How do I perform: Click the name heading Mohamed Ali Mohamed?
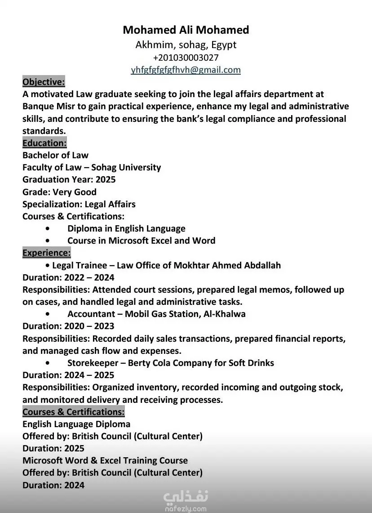186,30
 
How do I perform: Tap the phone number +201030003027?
186,58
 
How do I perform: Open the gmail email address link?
186,70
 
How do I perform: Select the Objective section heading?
44,82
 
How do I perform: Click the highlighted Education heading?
44,143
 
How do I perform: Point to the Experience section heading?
46,253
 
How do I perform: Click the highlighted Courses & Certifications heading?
73,411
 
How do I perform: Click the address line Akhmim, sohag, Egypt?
186,45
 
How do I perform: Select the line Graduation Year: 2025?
69,179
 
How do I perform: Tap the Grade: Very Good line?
59,192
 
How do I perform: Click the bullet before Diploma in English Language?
48,228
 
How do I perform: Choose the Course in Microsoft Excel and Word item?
141,241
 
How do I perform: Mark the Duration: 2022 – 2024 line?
68,277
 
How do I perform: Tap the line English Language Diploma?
76,424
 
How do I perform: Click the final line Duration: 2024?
53,485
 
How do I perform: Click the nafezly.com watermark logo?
186,500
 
